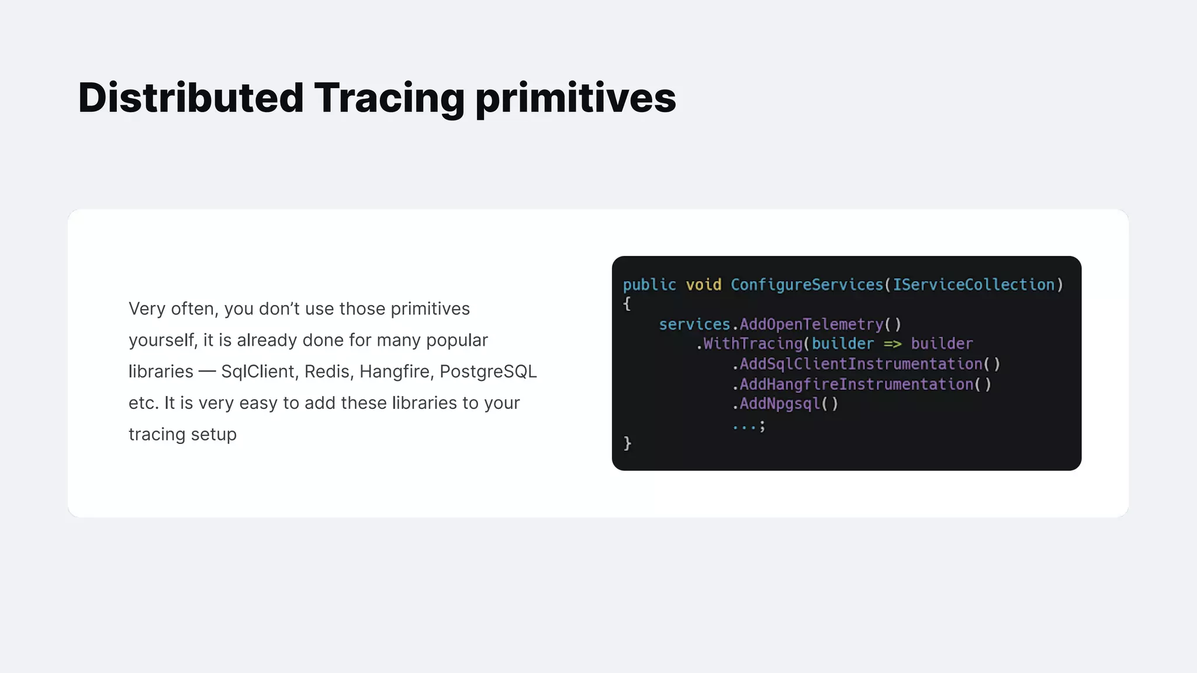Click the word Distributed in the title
click(x=191, y=98)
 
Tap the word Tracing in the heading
click(x=389, y=98)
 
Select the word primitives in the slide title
click(x=576, y=98)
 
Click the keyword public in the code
click(x=649, y=285)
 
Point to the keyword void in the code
click(x=703, y=285)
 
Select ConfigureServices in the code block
click(x=807, y=285)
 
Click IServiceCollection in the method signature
click(x=973, y=285)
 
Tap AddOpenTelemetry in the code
click(x=811, y=325)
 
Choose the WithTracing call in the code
click(x=753, y=344)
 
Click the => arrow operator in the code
click(x=892, y=344)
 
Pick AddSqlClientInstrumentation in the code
click(x=861, y=365)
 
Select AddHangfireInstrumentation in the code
click(x=856, y=384)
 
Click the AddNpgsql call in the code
click(x=780, y=404)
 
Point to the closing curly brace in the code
click(x=627, y=443)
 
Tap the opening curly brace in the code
click(x=627, y=304)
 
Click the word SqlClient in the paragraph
click(x=258, y=372)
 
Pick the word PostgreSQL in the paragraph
click(x=488, y=372)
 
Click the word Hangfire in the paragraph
click(x=395, y=372)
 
